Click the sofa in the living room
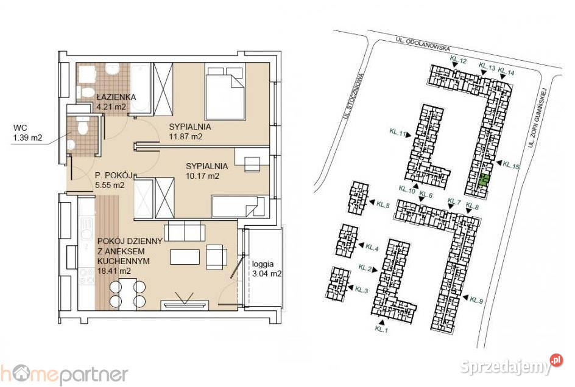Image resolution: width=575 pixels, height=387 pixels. pos(184,232)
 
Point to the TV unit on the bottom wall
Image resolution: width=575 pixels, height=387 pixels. pos(185,304)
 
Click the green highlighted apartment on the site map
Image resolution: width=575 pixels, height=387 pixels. pos(484,180)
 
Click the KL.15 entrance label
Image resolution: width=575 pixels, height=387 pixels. pos(512,164)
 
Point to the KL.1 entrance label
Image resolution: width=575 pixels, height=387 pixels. pos(381,329)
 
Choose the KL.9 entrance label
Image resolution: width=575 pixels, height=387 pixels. pos(476,300)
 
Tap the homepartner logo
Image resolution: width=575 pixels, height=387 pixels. pos(64,373)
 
